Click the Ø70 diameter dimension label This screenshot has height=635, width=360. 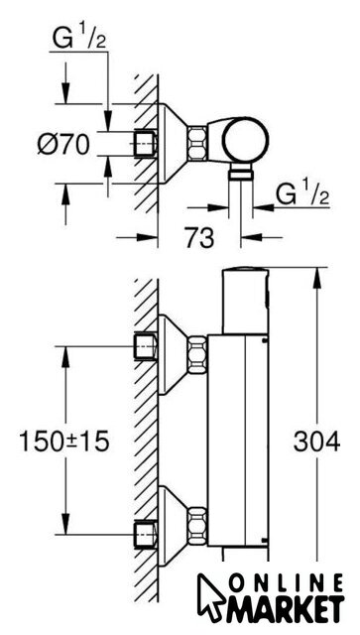[x=63, y=144]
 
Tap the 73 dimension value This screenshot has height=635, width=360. [x=199, y=237]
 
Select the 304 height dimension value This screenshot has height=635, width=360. [x=316, y=441]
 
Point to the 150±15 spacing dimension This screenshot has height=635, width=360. [x=64, y=441]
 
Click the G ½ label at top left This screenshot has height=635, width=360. [x=79, y=40]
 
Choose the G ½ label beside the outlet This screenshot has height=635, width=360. [x=301, y=195]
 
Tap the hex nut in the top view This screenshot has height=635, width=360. [x=196, y=143]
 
